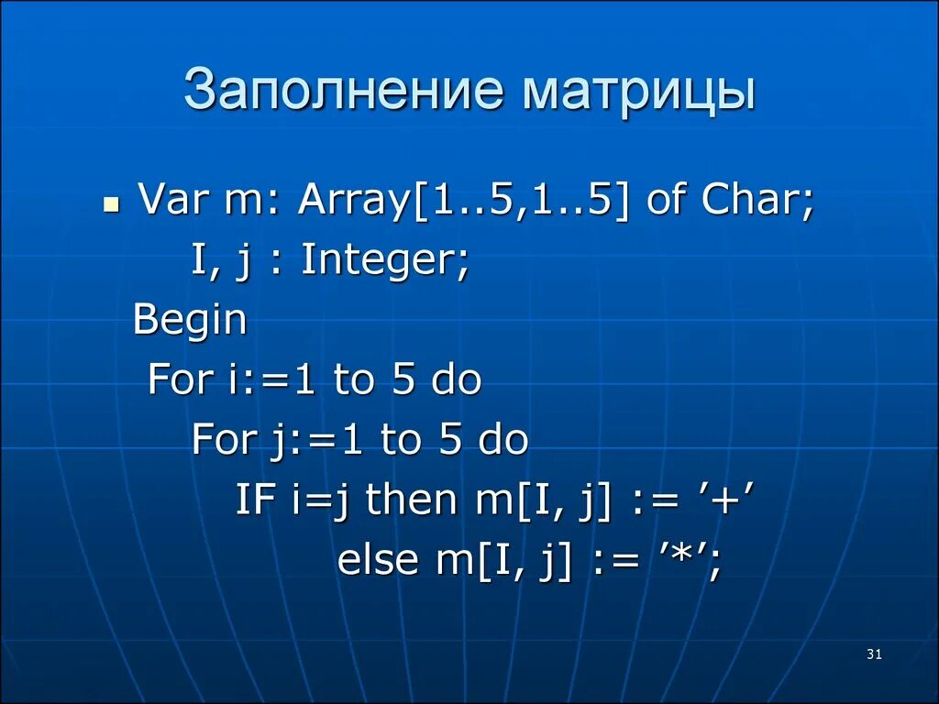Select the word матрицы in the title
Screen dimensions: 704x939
pos(640,92)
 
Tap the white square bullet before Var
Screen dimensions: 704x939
pos(110,203)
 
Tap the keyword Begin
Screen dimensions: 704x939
pos(191,321)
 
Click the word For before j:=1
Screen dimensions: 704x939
pos(222,440)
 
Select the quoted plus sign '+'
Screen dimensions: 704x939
pos(728,500)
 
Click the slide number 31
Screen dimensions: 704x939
pos(873,654)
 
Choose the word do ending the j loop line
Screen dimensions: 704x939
pos(503,440)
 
